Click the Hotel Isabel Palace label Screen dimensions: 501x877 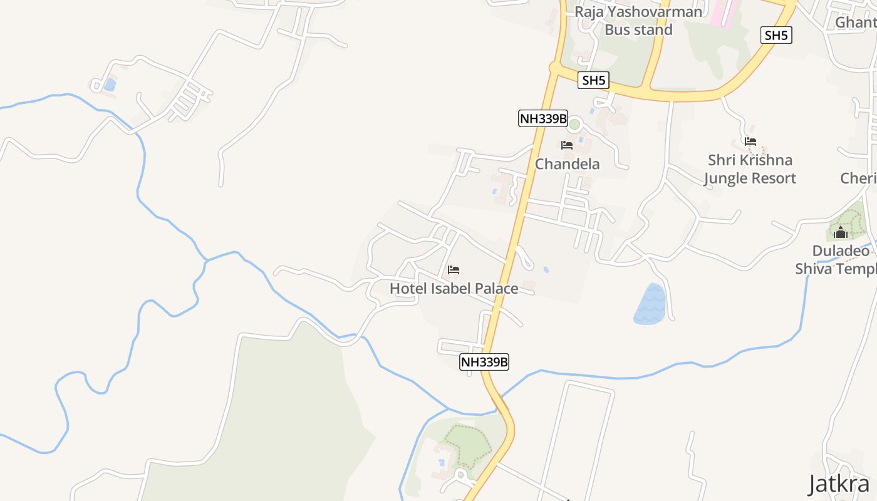coord(454,289)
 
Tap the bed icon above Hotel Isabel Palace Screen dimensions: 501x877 coord(454,270)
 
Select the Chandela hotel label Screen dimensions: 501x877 coord(567,164)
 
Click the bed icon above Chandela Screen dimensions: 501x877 coord(567,145)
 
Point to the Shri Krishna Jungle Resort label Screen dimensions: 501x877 coord(750,169)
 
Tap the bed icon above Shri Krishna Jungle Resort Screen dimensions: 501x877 coord(750,142)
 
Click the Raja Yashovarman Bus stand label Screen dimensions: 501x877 coord(638,21)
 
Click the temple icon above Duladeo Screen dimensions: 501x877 coord(841,234)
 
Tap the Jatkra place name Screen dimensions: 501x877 coord(839,484)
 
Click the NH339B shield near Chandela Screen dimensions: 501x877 coord(543,118)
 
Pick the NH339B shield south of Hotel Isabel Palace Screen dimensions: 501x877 coord(484,361)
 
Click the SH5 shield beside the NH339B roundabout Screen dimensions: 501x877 coord(594,80)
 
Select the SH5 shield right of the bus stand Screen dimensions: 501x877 coord(776,35)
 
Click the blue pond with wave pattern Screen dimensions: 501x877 coord(650,305)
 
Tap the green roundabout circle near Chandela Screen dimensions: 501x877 coord(574,124)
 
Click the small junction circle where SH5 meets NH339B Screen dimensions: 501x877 coord(554,67)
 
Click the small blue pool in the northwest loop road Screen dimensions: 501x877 coord(110,84)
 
